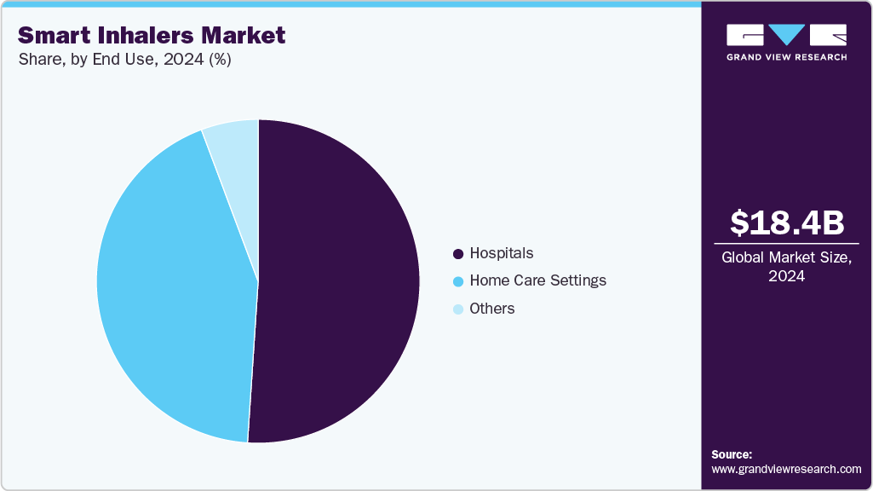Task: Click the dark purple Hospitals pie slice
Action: (x=341, y=281)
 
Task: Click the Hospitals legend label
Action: (x=502, y=253)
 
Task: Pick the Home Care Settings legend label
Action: (x=537, y=280)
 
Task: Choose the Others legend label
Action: (x=492, y=309)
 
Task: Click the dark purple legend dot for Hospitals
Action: (x=458, y=254)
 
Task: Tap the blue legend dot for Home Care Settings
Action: (x=458, y=281)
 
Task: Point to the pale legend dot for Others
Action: (x=458, y=309)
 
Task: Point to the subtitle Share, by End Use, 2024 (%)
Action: (x=124, y=60)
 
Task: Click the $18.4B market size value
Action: (x=787, y=222)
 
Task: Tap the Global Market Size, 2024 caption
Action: (x=787, y=267)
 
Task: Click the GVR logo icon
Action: (x=786, y=34)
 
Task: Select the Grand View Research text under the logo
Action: (x=786, y=57)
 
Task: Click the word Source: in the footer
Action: (x=732, y=454)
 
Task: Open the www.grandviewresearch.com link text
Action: (x=786, y=469)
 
